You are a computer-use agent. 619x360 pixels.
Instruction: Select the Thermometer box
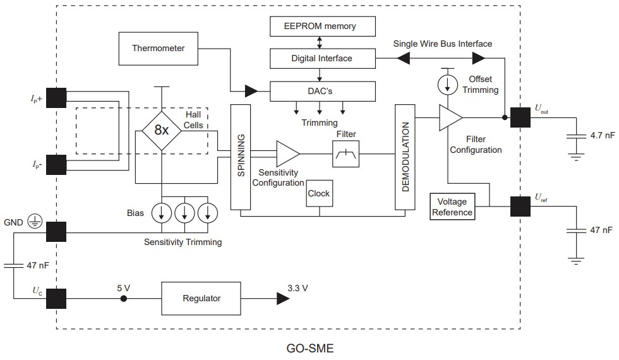[x=158, y=49]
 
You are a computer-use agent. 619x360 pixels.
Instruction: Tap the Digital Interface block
[x=322, y=59]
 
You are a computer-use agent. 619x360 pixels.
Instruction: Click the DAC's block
[x=322, y=92]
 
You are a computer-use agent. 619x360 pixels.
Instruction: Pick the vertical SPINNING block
[x=241, y=157]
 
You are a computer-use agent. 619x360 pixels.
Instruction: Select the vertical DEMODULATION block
[x=404, y=157]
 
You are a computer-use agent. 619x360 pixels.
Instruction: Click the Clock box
[x=318, y=194]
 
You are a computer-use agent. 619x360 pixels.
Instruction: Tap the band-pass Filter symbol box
[x=345, y=153]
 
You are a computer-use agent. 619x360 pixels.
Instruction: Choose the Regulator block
[x=202, y=299]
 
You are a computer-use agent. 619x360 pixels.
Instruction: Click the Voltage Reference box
[x=452, y=207]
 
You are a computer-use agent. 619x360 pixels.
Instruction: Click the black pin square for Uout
[x=520, y=117]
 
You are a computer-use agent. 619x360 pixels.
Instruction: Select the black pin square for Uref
[x=520, y=207]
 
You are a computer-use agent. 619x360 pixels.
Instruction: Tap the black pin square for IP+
[x=56, y=99]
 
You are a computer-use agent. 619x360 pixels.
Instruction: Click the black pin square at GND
[x=56, y=232]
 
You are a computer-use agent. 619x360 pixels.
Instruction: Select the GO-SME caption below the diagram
[x=309, y=348]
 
